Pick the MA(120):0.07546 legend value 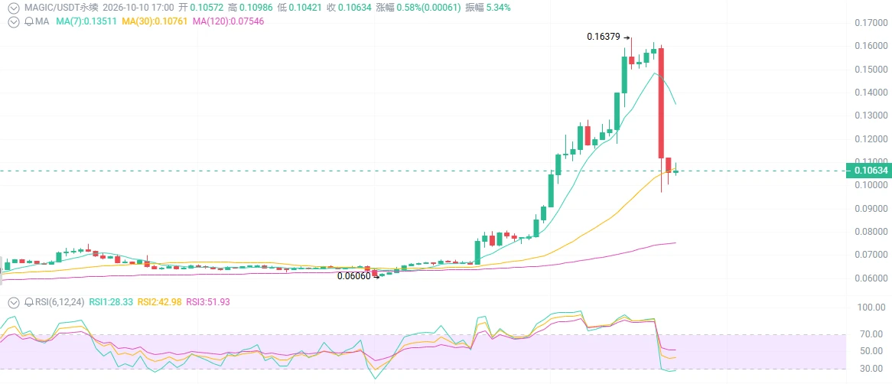click(x=227, y=21)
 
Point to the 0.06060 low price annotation click(x=354, y=276)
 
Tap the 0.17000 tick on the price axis click(x=871, y=23)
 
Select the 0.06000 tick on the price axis click(x=871, y=278)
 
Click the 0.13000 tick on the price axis click(x=871, y=116)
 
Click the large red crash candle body click(x=662, y=103)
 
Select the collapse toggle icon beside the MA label click(x=11, y=21)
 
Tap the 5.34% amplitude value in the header click(x=497, y=8)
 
